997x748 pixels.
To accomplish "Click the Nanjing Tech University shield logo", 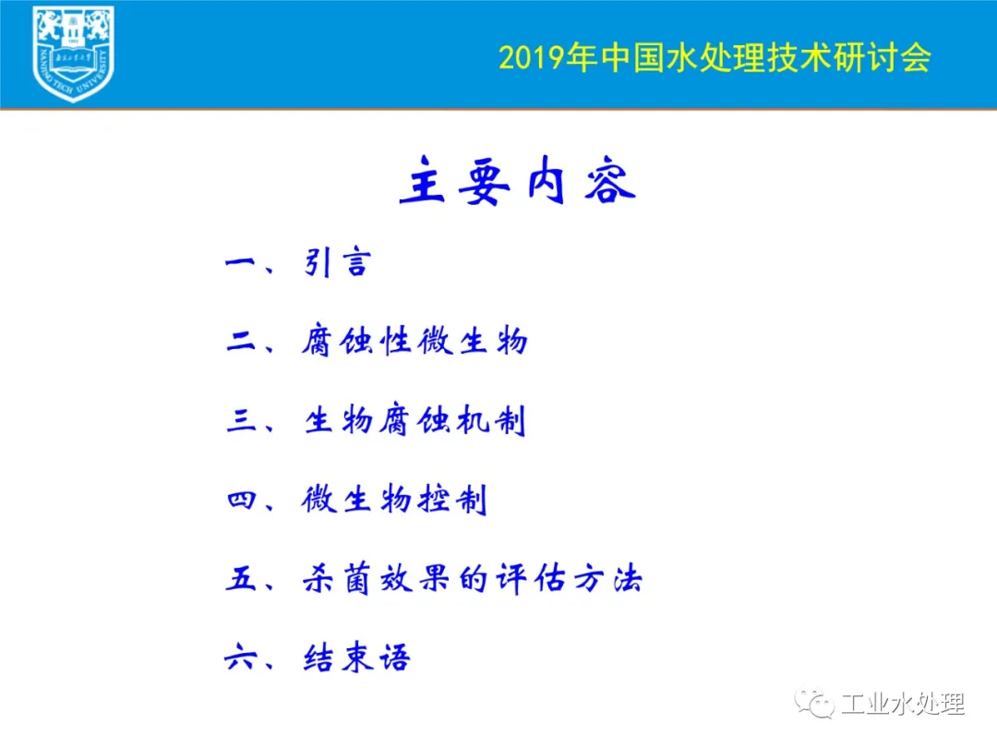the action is pyautogui.click(x=73, y=54).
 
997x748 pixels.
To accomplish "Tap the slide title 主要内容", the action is pyautogui.click(x=518, y=181).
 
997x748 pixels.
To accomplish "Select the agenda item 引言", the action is pyautogui.click(x=337, y=262).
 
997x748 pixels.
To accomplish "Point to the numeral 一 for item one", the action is pyautogui.click(x=240, y=263).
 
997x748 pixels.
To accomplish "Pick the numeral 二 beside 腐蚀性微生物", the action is pyautogui.click(x=241, y=342).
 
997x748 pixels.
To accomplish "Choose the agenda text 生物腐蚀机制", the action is pyautogui.click(x=415, y=420).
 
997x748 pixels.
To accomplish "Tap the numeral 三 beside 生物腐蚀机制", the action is pyautogui.click(x=241, y=420).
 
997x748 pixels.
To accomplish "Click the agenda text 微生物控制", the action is pyautogui.click(x=394, y=500).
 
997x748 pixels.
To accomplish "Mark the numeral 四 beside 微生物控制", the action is pyautogui.click(x=241, y=500).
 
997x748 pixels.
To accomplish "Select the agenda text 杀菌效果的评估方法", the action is pyautogui.click(x=473, y=578).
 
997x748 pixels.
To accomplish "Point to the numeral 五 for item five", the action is pyautogui.click(x=241, y=579).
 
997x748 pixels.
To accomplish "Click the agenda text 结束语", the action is pyautogui.click(x=356, y=658).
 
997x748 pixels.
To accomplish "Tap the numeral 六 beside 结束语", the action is pyautogui.click(x=240, y=658).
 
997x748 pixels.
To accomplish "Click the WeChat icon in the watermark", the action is pyautogui.click(x=814, y=703).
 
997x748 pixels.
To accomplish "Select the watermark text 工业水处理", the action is pyautogui.click(x=903, y=704).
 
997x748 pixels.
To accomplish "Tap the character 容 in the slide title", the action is pyautogui.click(x=610, y=182).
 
